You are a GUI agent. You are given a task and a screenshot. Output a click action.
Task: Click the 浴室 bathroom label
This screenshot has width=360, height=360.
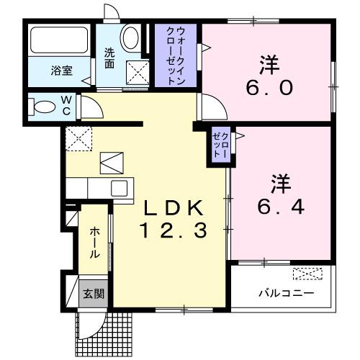(x=62, y=71)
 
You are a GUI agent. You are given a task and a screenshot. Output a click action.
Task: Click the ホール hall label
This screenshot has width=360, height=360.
(x=94, y=243)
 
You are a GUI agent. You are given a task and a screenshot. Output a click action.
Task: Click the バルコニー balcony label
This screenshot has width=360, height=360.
(x=286, y=294)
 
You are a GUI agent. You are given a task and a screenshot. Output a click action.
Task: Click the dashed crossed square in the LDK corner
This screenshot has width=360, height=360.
(x=78, y=138)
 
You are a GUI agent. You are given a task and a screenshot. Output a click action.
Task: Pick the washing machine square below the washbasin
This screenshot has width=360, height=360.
(x=136, y=73)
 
